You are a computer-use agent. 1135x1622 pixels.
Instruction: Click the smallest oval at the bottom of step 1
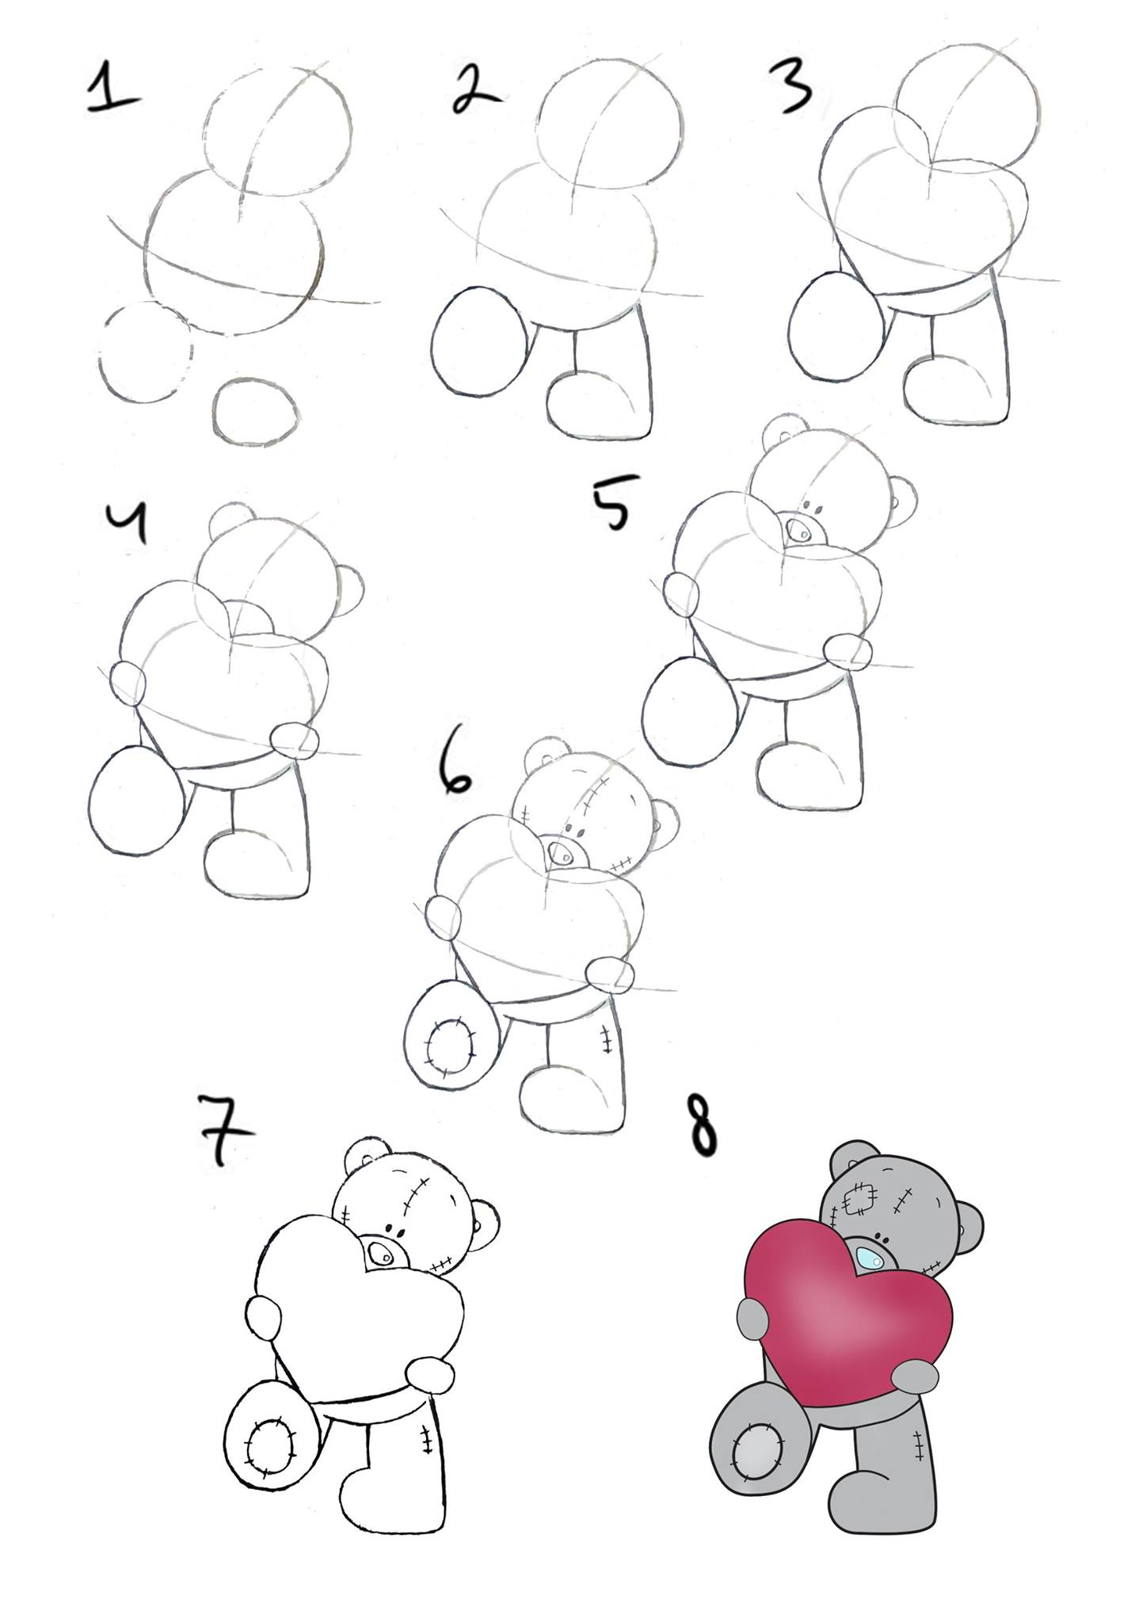[x=256, y=411]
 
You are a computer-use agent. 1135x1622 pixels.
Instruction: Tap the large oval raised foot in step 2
[x=477, y=342]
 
